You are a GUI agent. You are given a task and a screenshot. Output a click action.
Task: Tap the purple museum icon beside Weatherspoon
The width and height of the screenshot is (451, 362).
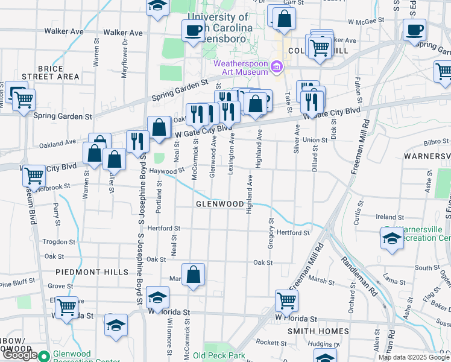(277, 66)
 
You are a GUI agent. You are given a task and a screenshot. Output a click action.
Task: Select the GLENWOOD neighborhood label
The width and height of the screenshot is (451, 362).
(219, 205)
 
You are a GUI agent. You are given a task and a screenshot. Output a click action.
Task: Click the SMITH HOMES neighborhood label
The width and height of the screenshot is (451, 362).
(318, 332)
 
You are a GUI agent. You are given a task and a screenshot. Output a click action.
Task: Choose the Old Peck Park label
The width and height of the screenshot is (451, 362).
(219, 355)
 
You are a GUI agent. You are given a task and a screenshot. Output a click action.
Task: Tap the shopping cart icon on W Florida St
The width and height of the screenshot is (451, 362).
(286, 300)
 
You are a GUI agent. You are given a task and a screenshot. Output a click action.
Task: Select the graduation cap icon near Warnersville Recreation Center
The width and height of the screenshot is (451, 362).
(392, 238)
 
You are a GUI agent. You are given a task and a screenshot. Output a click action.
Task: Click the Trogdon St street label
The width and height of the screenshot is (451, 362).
(58, 241)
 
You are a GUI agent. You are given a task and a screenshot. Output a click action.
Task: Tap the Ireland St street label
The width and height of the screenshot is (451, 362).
(389, 217)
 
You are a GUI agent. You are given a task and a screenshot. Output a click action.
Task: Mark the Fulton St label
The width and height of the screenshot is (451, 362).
(357, 84)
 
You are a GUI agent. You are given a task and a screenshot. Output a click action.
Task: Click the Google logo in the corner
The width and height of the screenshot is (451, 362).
(19, 355)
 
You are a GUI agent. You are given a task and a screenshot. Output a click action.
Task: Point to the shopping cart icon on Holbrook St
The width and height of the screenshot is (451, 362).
(34, 176)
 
